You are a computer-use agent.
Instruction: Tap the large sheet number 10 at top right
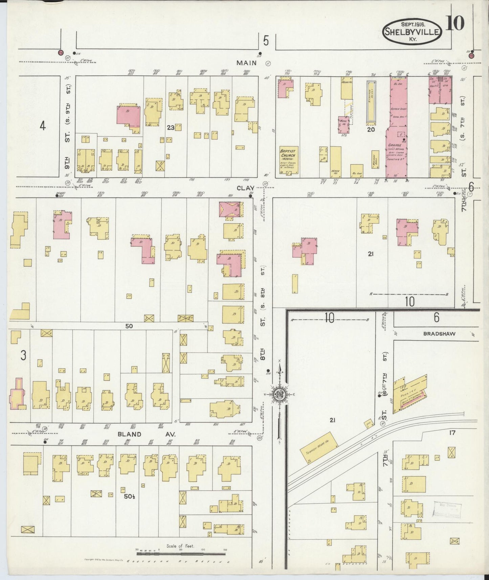click(455, 24)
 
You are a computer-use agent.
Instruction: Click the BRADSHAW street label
click(439, 334)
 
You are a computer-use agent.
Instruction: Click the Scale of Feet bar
click(181, 554)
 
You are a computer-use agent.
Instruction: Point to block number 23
click(171, 128)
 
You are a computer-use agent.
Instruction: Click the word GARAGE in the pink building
click(396, 145)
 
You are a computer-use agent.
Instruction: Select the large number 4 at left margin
click(42, 126)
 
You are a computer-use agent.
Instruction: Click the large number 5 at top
click(266, 41)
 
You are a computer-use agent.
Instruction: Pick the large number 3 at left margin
click(23, 355)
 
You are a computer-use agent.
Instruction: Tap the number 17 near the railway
click(452, 432)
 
